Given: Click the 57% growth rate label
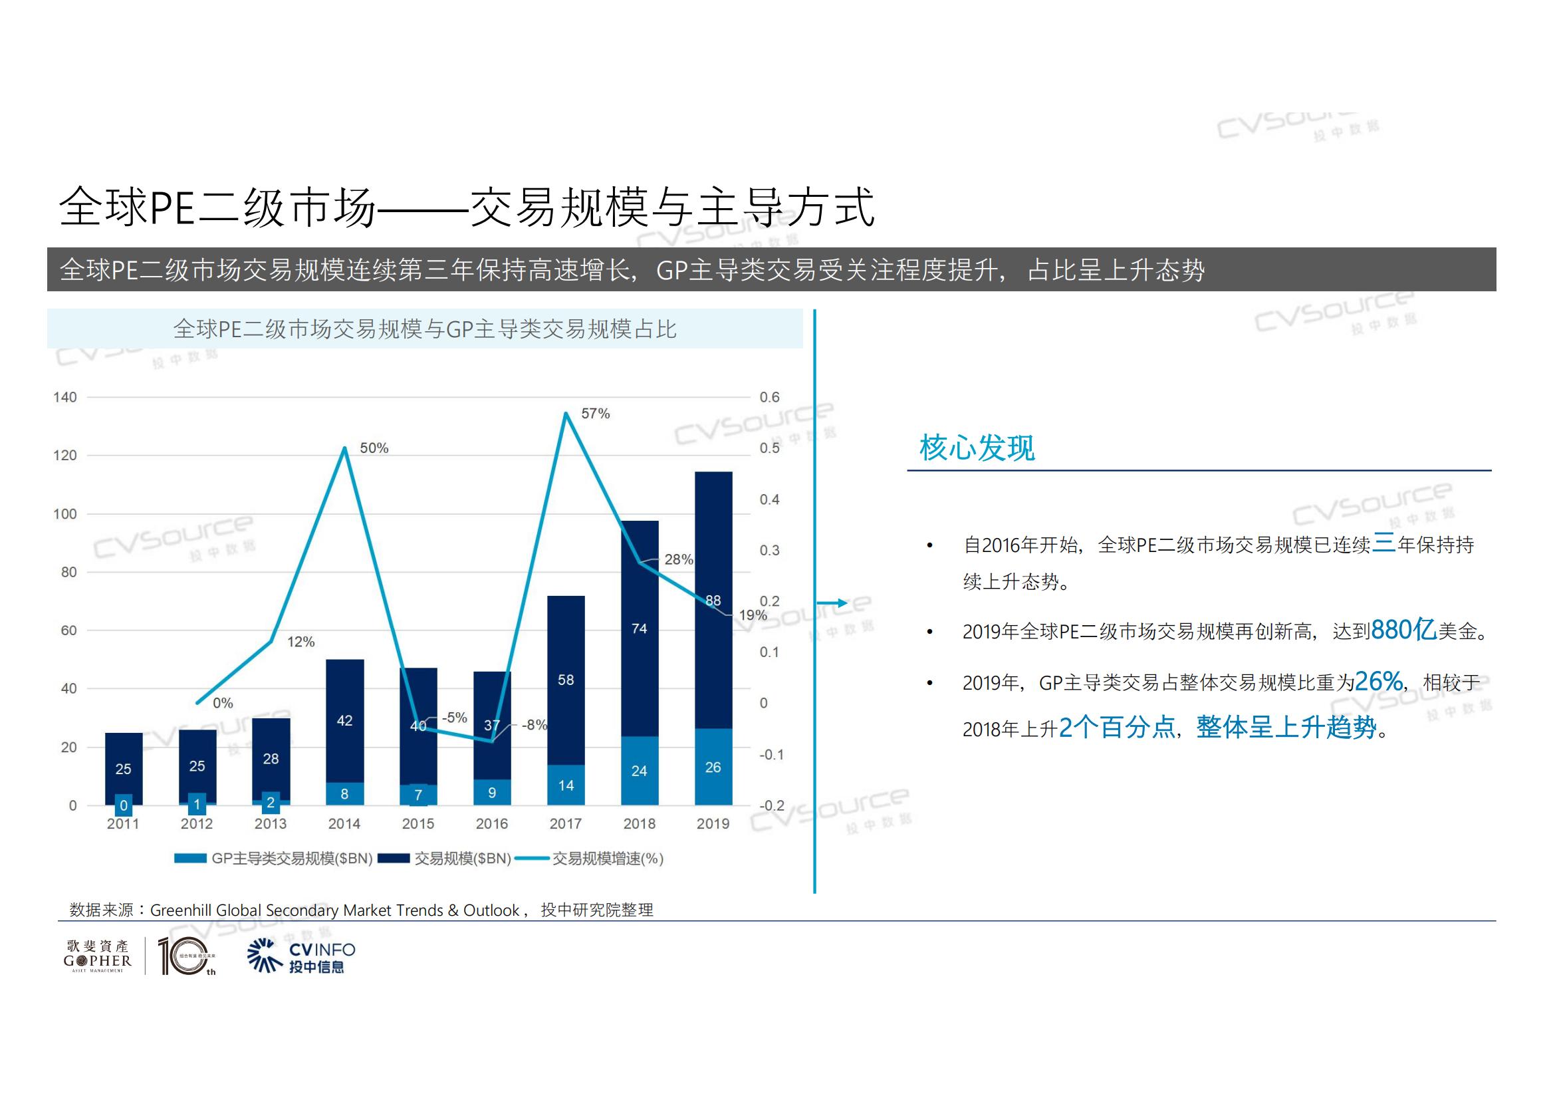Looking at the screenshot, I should pos(595,414).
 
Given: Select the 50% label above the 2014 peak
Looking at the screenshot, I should pos(374,448).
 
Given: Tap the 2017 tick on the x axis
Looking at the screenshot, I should pos(565,823).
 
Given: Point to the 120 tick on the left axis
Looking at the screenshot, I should pos(65,456).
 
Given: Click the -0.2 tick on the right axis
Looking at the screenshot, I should pos(771,805).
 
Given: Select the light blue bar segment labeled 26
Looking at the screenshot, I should pos(713,767).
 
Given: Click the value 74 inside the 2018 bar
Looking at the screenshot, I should pos(639,628).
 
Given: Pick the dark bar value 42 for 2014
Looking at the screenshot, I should pos(344,721).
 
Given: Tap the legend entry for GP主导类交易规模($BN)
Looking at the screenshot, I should pos(274,859).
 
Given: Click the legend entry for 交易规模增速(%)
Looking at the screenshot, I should pos(589,859).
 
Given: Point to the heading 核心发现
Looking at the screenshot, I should pos(977,448).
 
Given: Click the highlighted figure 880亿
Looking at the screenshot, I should pos(1403,630).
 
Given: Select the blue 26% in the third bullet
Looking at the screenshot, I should pos(1378,682).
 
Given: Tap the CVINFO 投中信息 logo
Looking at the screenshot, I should pos(302,956).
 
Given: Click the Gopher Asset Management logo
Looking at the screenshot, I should pos(98,956).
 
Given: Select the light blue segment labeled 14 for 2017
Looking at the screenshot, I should pos(565,785).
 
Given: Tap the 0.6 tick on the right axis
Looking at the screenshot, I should pos(769,398).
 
